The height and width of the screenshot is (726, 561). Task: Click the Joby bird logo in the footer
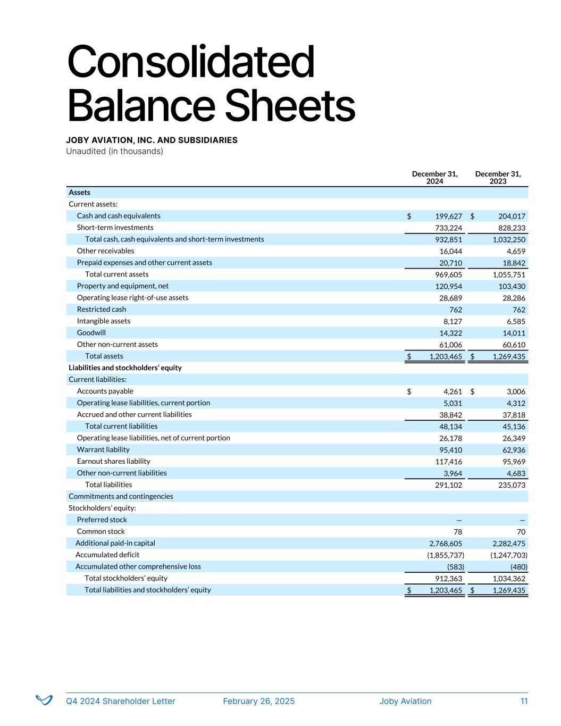(x=44, y=700)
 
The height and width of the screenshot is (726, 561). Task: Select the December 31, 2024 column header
(x=434, y=178)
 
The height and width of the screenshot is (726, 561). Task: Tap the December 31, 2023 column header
(x=498, y=178)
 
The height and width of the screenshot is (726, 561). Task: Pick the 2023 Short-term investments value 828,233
(x=509, y=228)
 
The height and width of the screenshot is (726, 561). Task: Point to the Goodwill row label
(x=91, y=333)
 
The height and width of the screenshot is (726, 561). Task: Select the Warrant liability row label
(x=103, y=450)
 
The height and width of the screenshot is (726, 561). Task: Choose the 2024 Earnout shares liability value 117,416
(x=448, y=462)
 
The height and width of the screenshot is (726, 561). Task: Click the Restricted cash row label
(x=102, y=310)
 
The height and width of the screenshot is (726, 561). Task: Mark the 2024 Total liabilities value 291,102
(x=448, y=486)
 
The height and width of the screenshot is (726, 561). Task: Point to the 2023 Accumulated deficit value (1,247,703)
(x=508, y=555)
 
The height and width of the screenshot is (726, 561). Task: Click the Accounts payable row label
(x=105, y=391)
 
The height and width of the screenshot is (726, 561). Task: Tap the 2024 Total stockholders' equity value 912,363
(x=448, y=579)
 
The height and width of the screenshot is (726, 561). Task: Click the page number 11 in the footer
(x=524, y=701)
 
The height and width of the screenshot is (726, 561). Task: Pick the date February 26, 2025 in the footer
(x=258, y=701)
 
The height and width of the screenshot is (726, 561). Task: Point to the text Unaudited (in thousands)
(x=114, y=152)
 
